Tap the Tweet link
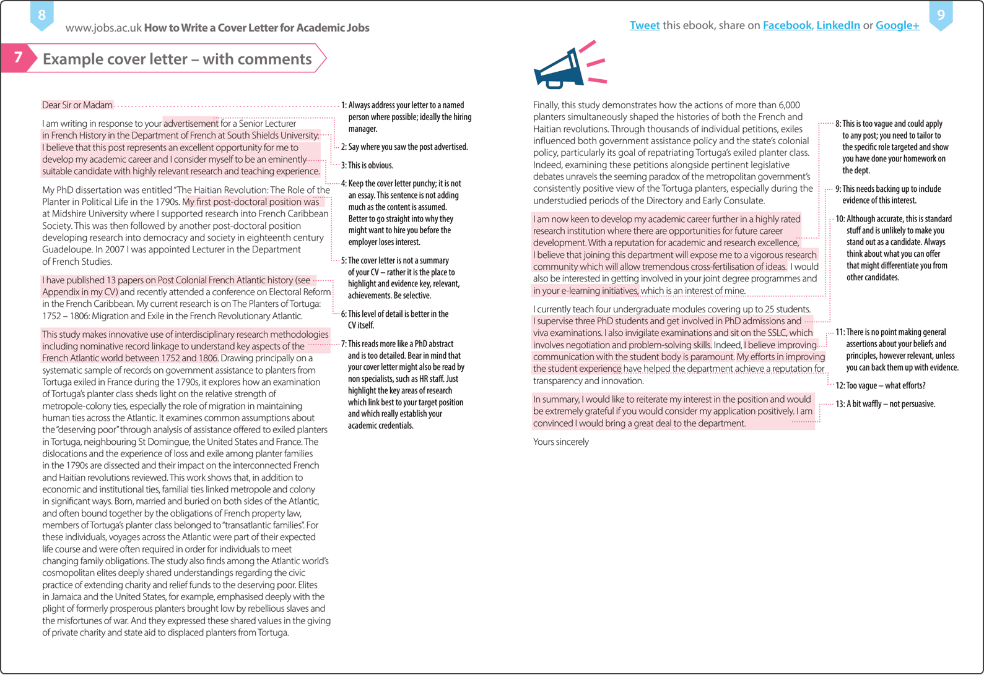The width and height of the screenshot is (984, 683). pyautogui.click(x=644, y=25)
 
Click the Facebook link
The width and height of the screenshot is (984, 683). pyautogui.click(x=786, y=25)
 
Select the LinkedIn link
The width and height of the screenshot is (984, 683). pyautogui.click(x=838, y=25)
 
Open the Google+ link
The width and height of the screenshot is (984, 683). pyautogui.click(x=897, y=25)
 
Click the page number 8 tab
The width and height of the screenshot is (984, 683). pyautogui.click(x=41, y=15)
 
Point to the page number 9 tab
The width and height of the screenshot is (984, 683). pyautogui.click(x=941, y=14)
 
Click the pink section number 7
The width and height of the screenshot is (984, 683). pyautogui.click(x=17, y=58)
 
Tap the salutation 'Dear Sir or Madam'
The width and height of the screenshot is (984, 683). pyautogui.click(x=77, y=105)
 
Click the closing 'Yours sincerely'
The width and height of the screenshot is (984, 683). pyautogui.click(x=560, y=442)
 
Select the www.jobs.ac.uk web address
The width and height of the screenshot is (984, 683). pyautogui.click(x=103, y=28)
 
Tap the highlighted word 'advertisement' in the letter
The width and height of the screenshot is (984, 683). pyautogui.click(x=191, y=124)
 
